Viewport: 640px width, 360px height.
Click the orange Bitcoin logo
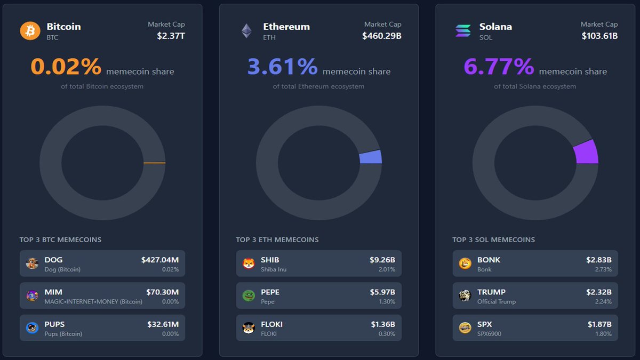[x=30, y=30]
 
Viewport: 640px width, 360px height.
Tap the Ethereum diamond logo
[x=246, y=30]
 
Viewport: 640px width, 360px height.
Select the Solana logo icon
[x=463, y=30]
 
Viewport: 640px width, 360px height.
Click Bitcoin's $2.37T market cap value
[x=171, y=36]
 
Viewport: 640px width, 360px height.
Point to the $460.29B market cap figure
[x=381, y=36]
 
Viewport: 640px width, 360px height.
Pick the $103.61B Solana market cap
[x=599, y=36]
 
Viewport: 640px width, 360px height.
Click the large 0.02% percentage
[x=66, y=67]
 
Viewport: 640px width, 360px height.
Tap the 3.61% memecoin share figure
[x=282, y=67]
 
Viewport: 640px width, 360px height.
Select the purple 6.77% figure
[x=499, y=67]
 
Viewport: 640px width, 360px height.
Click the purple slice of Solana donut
[x=586, y=152]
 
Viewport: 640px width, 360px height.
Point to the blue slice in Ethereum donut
[x=371, y=157]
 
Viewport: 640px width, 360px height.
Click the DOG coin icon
[x=33, y=263]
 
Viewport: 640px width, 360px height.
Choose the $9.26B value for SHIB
[x=382, y=260]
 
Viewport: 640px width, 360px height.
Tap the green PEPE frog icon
[x=249, y=295]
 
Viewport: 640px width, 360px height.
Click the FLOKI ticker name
[x=271, y=324]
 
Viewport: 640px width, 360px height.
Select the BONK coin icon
[x=465, y=263]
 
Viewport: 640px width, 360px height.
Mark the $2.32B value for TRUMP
[x=598, y=292]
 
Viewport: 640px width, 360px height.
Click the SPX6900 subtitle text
[x=489, y=334]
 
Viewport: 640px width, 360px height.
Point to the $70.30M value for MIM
[x=162, y=292]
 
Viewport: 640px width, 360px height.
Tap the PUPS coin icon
[x=33, y=328]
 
